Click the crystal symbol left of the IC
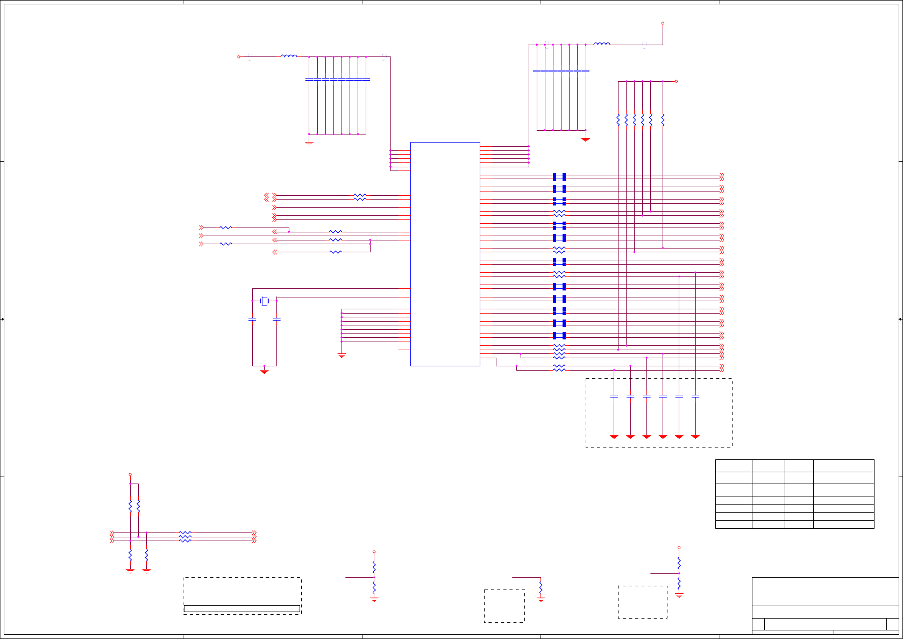click(x=264, y=301)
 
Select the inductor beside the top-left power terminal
click(x=288, y=56)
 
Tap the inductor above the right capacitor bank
click(x=601, y=44)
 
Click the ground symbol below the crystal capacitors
click(x=264, y=370)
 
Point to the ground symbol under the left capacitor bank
click(x=309, y=143)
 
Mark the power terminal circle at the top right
click(x=663, y=23)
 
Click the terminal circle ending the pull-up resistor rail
click(x=676, y=81)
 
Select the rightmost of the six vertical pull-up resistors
click(x=663, y=119)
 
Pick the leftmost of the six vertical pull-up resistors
click(x=618, y=119)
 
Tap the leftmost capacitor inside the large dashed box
click(x=614, y=396)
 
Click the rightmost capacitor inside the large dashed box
click(x=695, y=396)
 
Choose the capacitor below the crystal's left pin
click(x=252, y=319)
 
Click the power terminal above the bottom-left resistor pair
click(x=130, y=474)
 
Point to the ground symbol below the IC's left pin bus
click(x=342, y=355)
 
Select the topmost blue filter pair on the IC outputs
click(x=559, y=176)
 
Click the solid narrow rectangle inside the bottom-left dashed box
click(x=242, y=608)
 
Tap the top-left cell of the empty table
click(x=734, y=466)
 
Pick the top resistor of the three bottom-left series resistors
click(x=185, y=532)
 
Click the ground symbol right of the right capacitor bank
click(x=586, y=139)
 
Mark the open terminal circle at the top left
click(x=239, y=56)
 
